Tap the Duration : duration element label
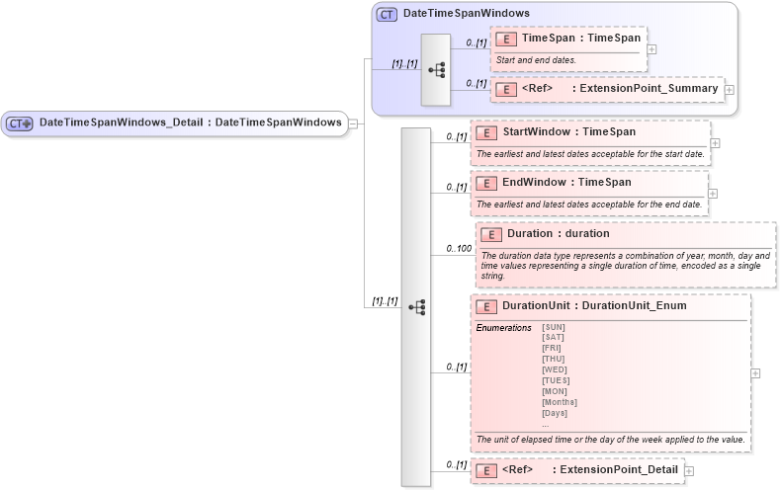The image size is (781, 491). (x=558, y=233)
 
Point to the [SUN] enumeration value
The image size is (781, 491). (x=554, y=327)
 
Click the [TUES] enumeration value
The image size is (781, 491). (x=556, y=380)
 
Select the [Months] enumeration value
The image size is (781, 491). (x=559, y=402)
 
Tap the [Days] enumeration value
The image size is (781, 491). (x=555, y=413)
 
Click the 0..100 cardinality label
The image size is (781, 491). (x=458, y=249)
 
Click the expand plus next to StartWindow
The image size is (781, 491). (x=715, y=143)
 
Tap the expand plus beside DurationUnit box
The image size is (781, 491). (x=755, y=373)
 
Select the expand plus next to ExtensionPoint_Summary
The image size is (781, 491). (x=730, y=90)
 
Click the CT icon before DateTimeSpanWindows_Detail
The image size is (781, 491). (x=20, y=123)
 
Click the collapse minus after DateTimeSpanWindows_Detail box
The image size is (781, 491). (x=353, y=123)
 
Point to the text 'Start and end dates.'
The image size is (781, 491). (x=536, y=60)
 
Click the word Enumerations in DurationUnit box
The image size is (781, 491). (x=504, y=327)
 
